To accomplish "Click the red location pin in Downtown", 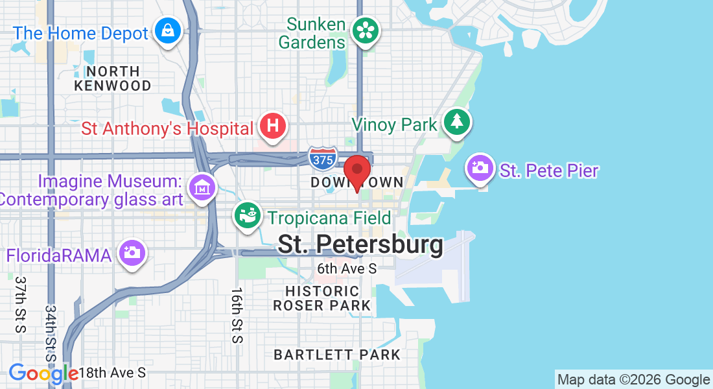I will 356,172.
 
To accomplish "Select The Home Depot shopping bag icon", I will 168,30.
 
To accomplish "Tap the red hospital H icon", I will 273,125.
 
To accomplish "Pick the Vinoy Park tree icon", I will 457,121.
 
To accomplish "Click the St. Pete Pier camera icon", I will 480,168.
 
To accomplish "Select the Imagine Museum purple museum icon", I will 202,187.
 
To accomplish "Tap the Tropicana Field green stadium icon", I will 248,216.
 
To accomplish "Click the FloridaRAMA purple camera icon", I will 132,252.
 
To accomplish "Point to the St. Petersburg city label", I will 360,244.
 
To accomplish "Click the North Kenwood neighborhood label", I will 113,78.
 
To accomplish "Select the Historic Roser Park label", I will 322,298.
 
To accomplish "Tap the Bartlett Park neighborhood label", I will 337,355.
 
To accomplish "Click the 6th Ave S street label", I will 347,268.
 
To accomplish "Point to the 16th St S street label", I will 237,315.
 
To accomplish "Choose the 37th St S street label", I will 20,305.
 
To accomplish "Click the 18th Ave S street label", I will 113,373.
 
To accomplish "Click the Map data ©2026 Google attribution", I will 633,380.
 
